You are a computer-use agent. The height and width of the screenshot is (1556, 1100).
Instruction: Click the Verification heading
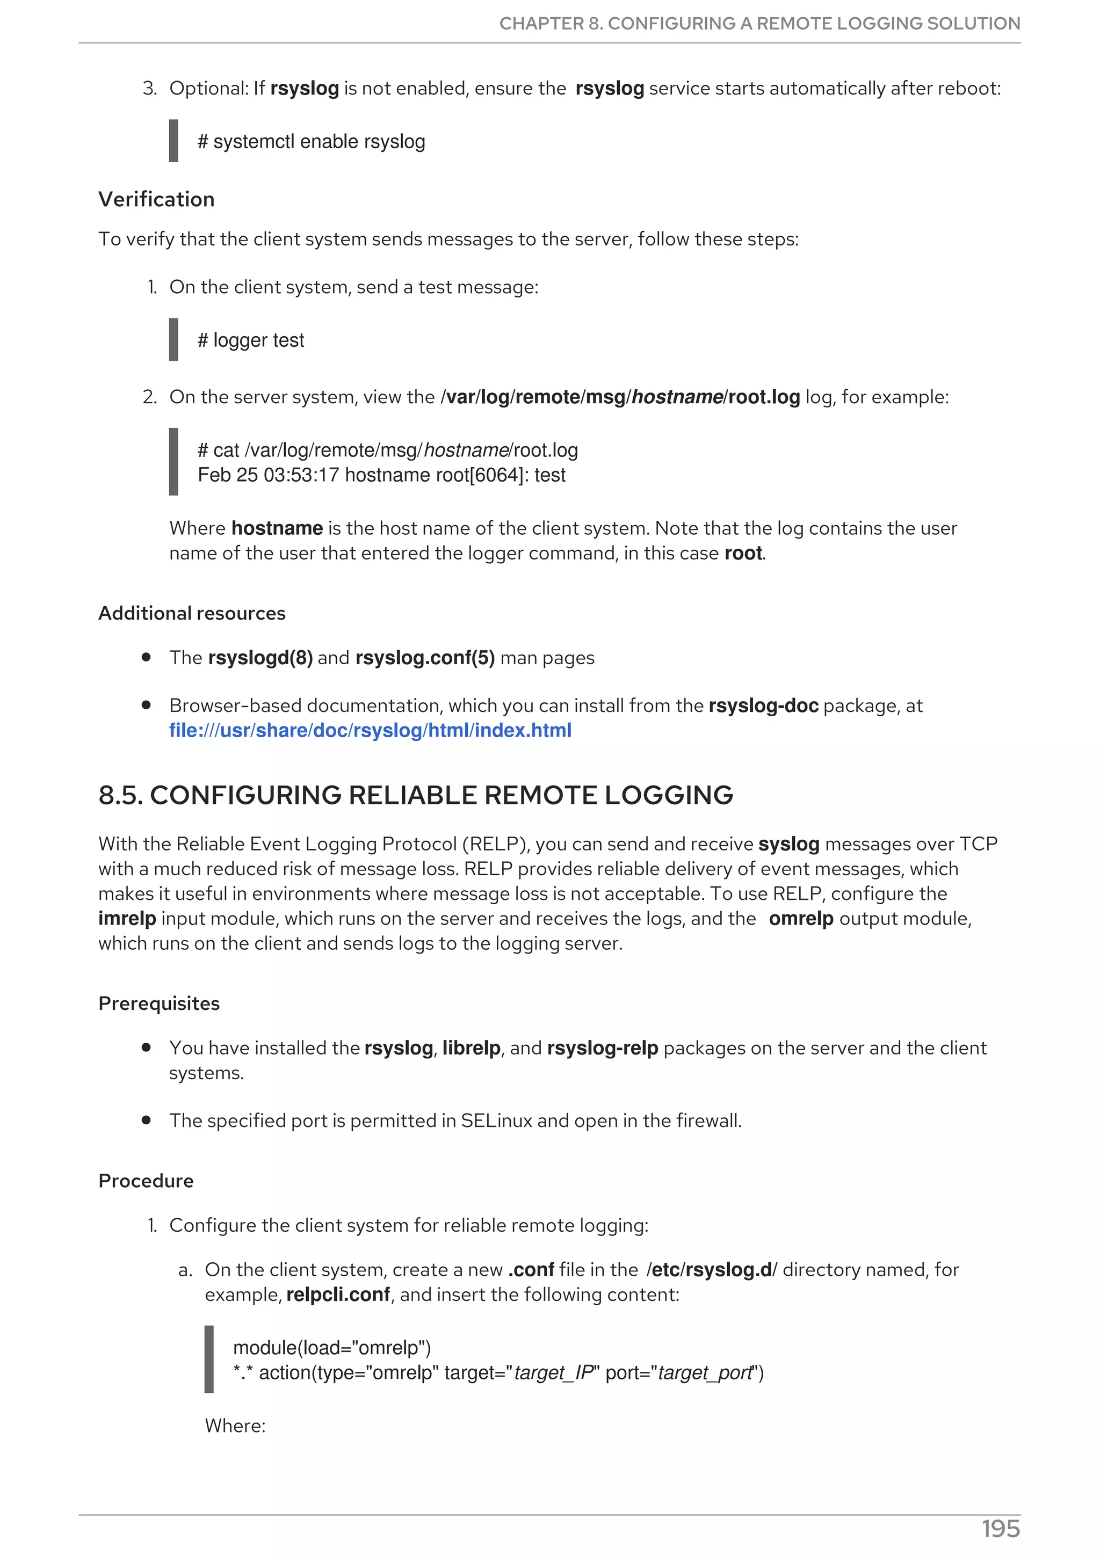point(156,199)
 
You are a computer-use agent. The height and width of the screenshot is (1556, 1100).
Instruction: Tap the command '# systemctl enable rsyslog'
point(311,142)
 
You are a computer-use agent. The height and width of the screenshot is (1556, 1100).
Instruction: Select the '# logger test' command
point(251,340)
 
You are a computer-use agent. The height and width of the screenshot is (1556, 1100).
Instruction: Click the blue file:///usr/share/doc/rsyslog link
point(370,731)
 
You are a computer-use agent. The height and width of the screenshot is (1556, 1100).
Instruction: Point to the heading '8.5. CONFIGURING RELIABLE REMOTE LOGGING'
point(416,795)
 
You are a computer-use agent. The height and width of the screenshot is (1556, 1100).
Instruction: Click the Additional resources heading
point(192,613)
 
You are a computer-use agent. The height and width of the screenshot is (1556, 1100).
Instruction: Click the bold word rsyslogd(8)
point(260,658)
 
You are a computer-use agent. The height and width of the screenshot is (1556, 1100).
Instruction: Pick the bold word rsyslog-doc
point(763,706)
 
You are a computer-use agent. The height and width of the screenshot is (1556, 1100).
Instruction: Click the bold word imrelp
point(127,919)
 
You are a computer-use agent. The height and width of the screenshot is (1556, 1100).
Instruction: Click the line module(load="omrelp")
point(332,1348)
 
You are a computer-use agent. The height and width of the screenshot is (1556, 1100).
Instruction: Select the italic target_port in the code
point(705,1373)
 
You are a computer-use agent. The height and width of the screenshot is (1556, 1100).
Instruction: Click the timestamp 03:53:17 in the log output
point(301,475)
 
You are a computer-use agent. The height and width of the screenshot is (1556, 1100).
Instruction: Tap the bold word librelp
point(471,1049)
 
